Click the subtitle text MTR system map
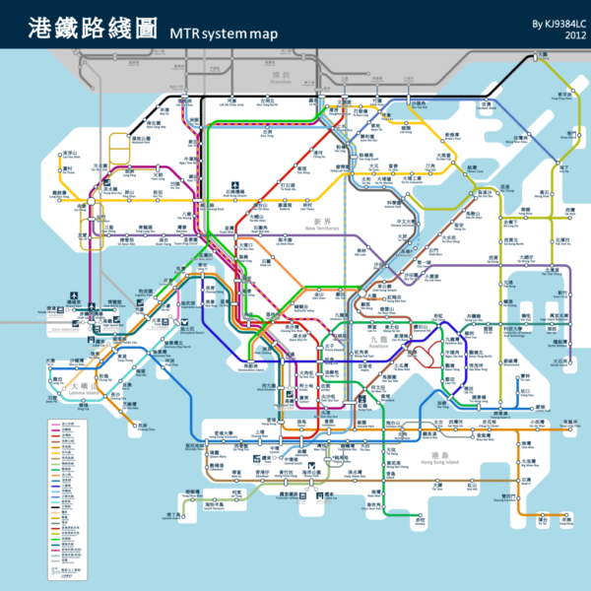click(x=225, y=33)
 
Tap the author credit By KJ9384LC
click(x=553, y=23)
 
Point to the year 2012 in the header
click(x=575, y=36)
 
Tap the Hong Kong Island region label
click(x=413, y=459)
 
